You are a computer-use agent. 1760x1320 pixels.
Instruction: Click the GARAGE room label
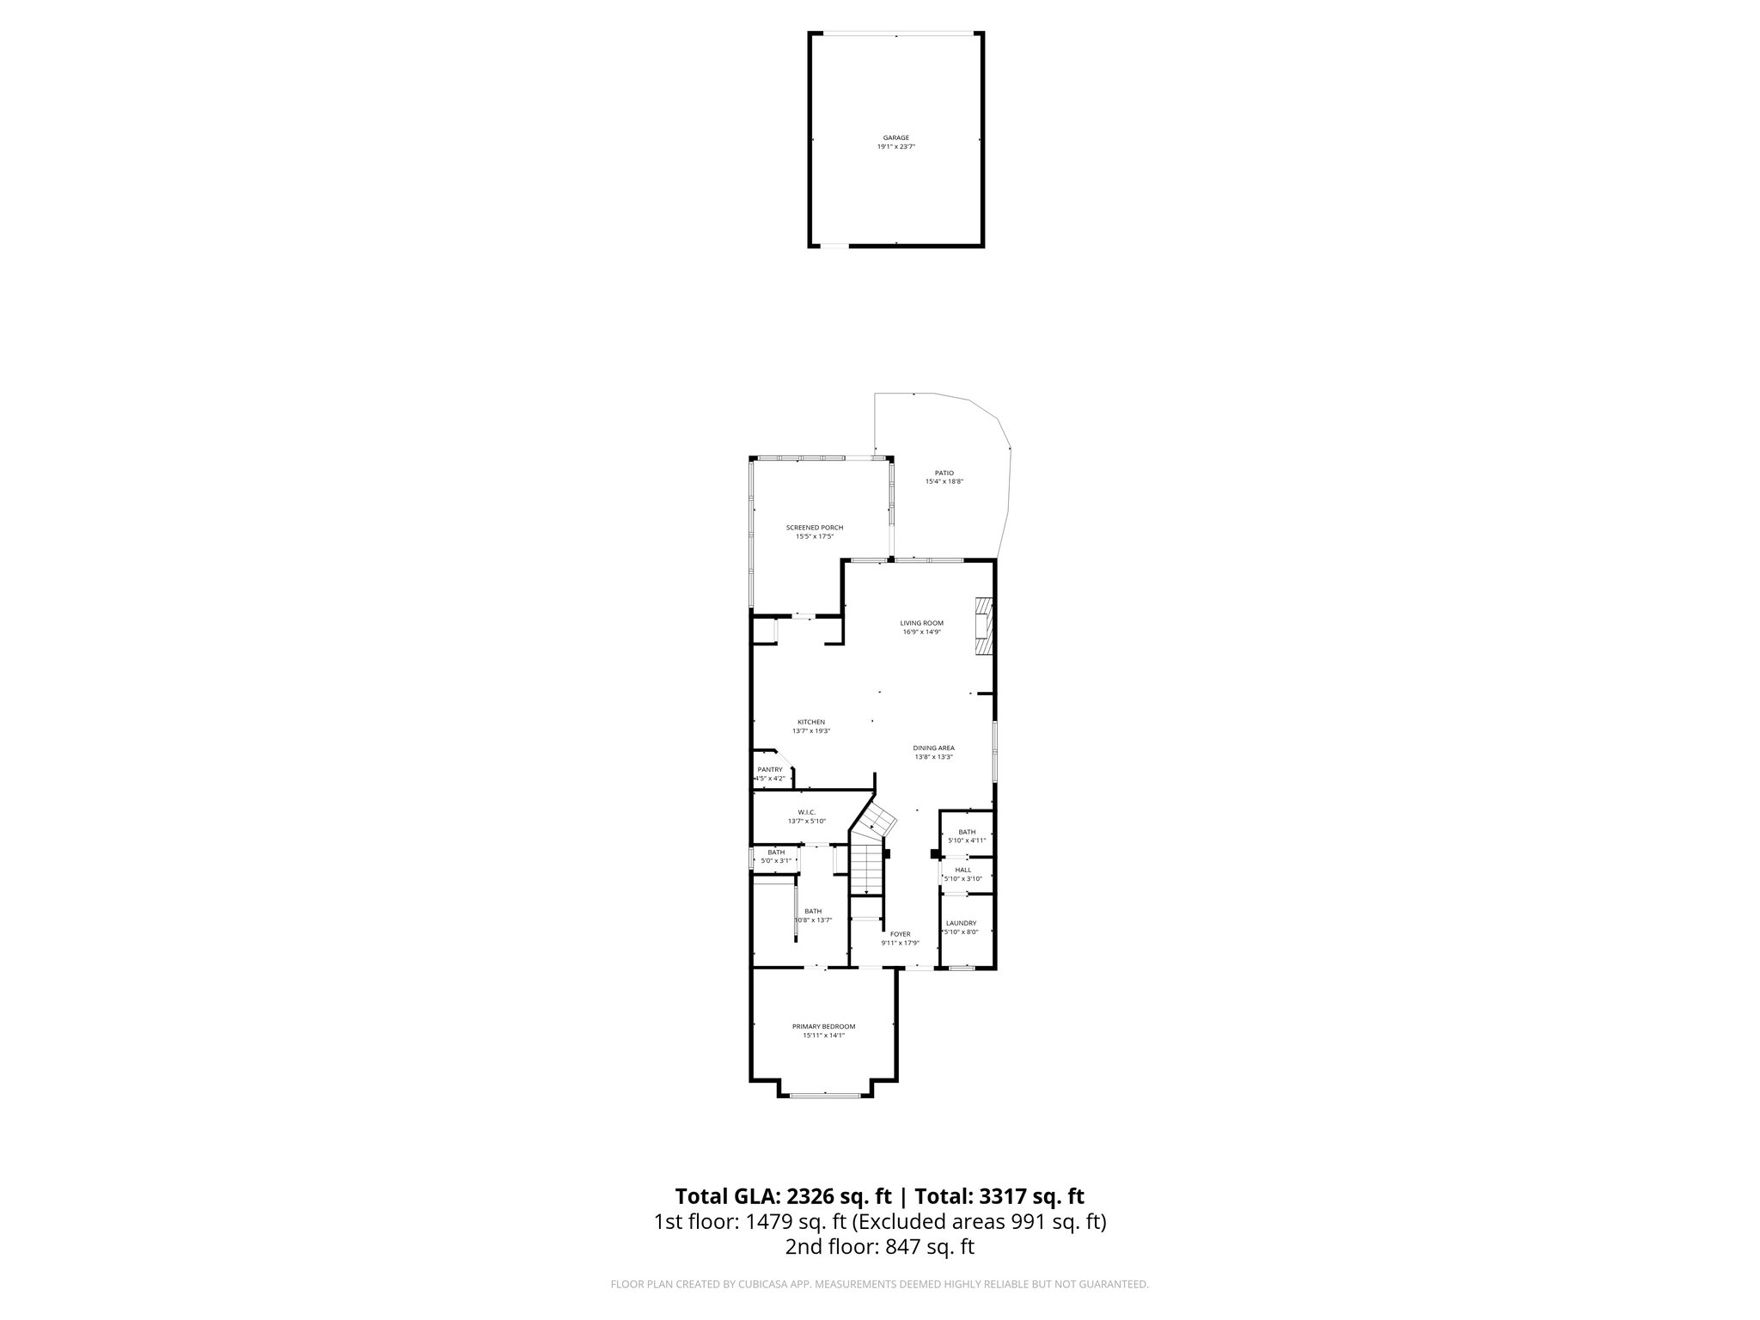coord(895,137)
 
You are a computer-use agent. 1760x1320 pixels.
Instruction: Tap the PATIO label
coord(944,474)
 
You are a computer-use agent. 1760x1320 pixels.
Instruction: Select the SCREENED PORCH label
coord(814,528)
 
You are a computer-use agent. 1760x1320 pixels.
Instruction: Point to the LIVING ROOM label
coord(921,623)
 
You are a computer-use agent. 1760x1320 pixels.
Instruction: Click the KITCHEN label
coord(810,722)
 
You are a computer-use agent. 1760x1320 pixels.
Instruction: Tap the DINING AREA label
coord(933,748)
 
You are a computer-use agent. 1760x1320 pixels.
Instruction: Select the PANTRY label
coord(769,769)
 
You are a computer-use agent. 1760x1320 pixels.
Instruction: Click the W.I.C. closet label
coord(806,812)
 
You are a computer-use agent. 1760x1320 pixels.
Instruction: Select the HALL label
coord(962,870)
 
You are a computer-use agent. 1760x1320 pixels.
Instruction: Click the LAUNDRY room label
coord(961,923)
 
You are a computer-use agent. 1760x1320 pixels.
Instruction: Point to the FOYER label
coord(900,934)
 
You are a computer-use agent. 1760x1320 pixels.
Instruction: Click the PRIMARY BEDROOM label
coord(823,1026)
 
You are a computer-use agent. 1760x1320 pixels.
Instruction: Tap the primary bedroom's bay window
coord(825,1095)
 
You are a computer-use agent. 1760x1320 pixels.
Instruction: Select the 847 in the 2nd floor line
coord(901,1247)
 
